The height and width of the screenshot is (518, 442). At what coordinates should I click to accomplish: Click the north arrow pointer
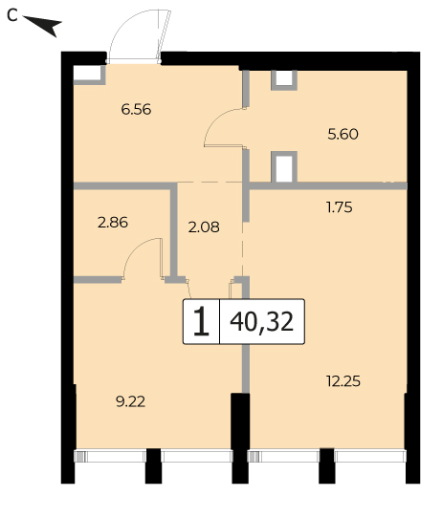(44, 25)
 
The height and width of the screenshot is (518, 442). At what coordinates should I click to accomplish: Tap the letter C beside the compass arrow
(12, 15)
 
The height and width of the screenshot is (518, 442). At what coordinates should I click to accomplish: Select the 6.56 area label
(136, 109)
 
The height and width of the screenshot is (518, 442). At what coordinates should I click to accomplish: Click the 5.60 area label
(343, 135)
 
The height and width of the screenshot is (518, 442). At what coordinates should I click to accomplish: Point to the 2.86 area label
(113, 223)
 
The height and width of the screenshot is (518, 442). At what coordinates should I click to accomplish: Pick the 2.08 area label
(204, 227)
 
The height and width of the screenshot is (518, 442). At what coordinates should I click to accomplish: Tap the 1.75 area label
(340, 207)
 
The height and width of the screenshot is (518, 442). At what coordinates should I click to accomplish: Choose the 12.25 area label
(343, 381)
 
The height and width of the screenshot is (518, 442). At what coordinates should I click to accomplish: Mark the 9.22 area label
(130, 401)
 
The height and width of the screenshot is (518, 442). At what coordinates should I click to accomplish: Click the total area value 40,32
(261, 322)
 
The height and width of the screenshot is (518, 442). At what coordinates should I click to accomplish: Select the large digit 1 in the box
(201, 321)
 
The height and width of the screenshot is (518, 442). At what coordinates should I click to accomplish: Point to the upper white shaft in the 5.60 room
(284, 78)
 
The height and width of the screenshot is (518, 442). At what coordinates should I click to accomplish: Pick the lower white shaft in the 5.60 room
(284, 168)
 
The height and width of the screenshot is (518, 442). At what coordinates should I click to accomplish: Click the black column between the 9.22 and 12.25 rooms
(240, 439)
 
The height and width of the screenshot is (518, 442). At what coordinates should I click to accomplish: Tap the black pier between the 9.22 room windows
(153, 466)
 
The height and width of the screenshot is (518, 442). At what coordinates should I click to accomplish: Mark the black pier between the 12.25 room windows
(326, 466)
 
